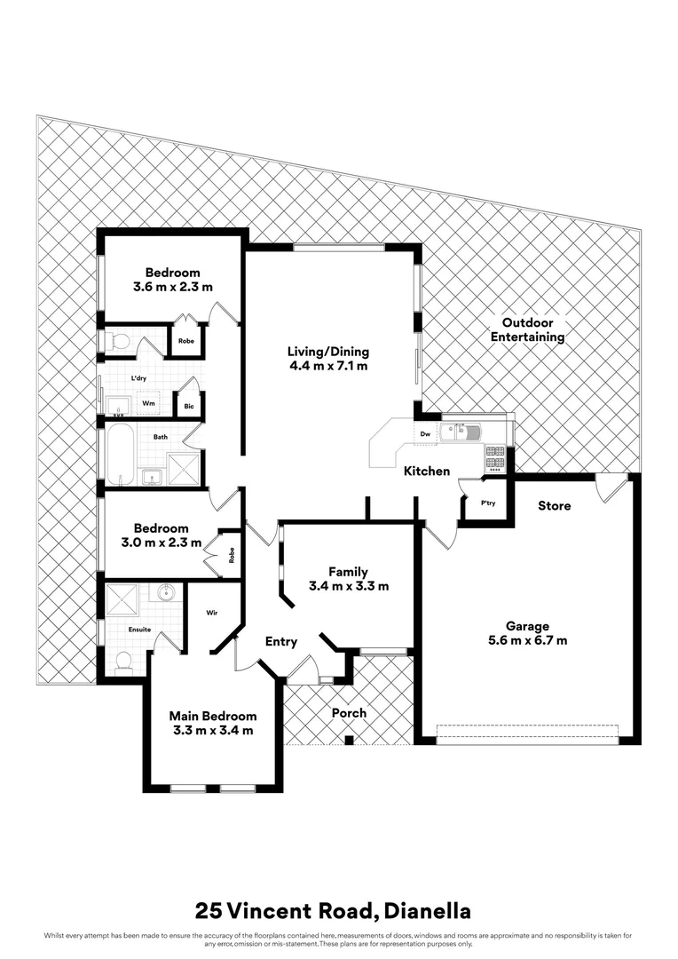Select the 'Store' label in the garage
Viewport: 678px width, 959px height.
click(555, 506)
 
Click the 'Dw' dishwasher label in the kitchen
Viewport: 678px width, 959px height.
click(426, 433)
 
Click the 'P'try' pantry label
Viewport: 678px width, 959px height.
click(487, 503)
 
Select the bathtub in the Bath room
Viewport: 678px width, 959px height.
click(120, 453)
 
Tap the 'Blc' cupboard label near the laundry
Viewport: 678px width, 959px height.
click(189, 408)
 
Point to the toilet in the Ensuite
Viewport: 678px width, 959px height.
click(124, 661)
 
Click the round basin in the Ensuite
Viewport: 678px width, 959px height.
click(166, 591)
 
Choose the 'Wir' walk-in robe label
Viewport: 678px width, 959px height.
click(213, 612)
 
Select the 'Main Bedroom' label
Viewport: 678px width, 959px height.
click(213, 717)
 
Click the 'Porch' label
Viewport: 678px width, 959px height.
click(349, 713)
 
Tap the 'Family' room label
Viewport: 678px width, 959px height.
click(348, 573)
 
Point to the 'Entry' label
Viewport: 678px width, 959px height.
click(280, 642)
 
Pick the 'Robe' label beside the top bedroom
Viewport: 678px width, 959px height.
click(185, 341)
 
